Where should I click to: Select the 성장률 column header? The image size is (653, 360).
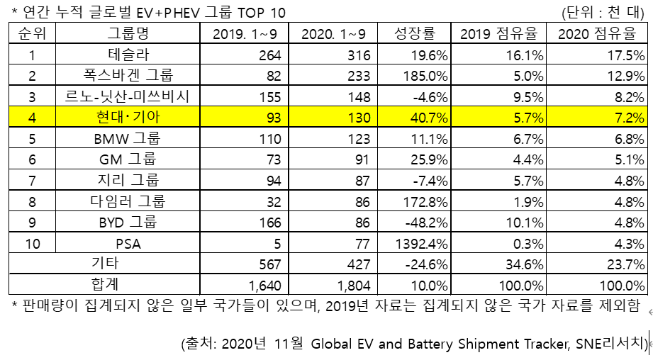tap(415, 34)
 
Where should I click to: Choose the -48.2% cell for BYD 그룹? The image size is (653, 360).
tap(424, 223)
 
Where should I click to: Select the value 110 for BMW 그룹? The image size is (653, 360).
tap(269, 139)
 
